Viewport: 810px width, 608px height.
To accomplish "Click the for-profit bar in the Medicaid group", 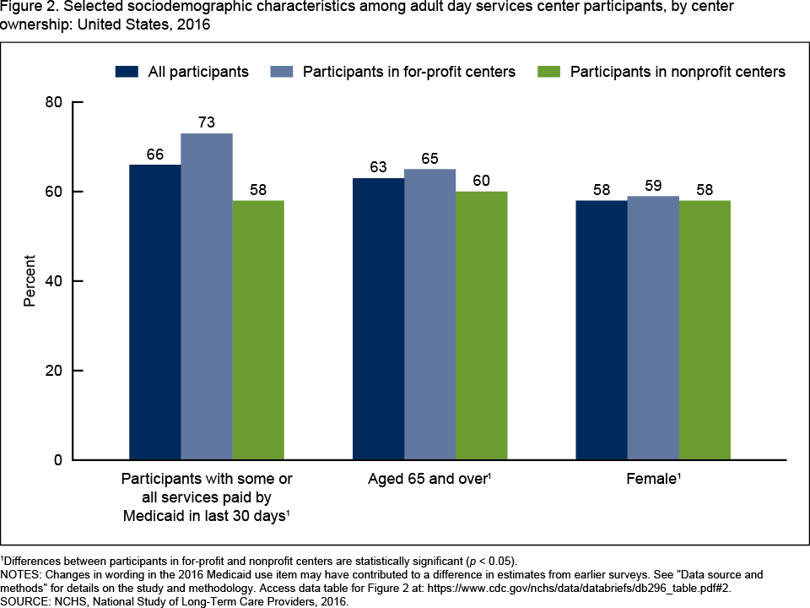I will pos(207,296).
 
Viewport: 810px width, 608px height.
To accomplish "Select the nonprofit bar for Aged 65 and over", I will pos(482,326).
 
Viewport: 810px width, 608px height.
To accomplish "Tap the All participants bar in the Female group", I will pos(602,330).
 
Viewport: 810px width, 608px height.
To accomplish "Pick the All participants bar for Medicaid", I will pos(154,312).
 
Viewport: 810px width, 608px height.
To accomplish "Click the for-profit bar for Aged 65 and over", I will pos(429,314).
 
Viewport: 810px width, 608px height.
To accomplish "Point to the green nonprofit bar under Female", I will pos(705,330).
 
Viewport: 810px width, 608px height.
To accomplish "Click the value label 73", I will pos(207,123).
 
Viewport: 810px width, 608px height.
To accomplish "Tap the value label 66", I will pos(154,155).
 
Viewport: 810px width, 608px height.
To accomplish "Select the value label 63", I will pos(378,168).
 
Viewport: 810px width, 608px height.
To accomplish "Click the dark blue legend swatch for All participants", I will pos(127,72).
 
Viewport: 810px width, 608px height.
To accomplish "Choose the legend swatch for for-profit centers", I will pos(281,72).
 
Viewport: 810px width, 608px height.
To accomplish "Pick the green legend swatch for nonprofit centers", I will pos(549,72).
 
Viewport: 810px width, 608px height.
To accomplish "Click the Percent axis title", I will pos(30,281).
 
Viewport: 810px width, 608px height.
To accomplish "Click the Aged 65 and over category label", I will pos(429,479).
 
